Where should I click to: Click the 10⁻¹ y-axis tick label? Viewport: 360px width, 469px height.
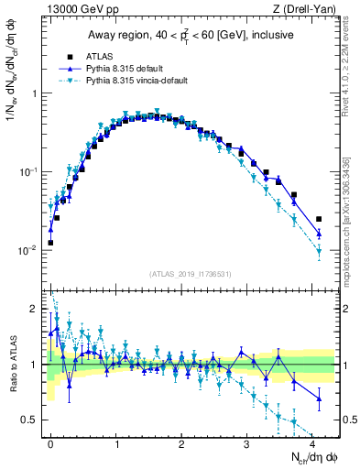point(28,171)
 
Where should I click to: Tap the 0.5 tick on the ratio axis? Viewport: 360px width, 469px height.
point(32,420)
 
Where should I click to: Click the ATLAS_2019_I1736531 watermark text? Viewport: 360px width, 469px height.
point(190,272)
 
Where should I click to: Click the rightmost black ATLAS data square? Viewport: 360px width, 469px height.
point(319,219)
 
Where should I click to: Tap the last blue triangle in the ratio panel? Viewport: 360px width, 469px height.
point(319,398)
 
